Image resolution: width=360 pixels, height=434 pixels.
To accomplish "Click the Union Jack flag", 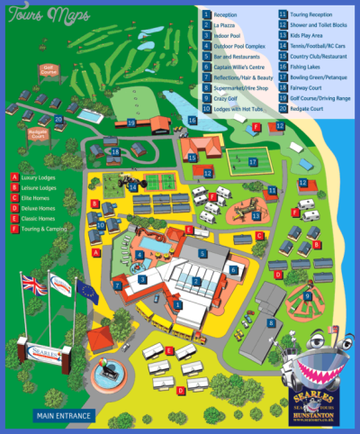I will click(x=33, y=285).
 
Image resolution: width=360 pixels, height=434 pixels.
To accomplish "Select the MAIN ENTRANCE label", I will click(x=65, y=416).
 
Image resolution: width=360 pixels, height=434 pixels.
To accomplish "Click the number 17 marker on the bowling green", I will click(x=254, y=163).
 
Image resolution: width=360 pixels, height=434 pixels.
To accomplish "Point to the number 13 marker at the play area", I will click(x=256, y=216).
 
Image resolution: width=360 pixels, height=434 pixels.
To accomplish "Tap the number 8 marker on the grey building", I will click(x=271, y=321).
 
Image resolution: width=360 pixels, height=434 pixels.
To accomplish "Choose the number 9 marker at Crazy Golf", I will click(x=307, y=295).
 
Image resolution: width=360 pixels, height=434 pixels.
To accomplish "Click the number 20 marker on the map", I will click(x=58, y=118).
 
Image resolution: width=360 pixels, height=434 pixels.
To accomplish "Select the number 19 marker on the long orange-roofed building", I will click(x=131, y=123).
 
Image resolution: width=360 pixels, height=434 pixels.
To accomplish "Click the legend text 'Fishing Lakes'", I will click(x=306, y=67).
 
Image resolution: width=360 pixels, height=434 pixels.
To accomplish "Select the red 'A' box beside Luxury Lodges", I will click(x=14, y=176).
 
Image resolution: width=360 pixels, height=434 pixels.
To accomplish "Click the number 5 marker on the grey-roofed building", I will click(x=202, y=255).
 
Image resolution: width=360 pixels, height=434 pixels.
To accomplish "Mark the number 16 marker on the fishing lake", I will click(x=192, y=119).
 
